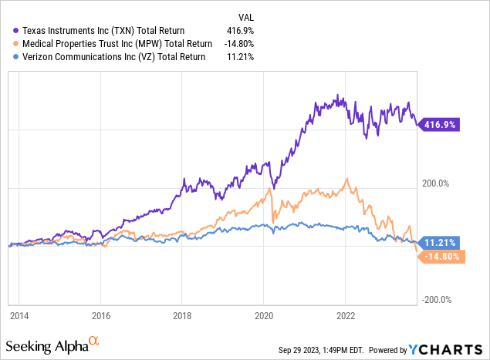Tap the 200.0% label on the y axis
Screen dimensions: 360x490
point(436,183)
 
